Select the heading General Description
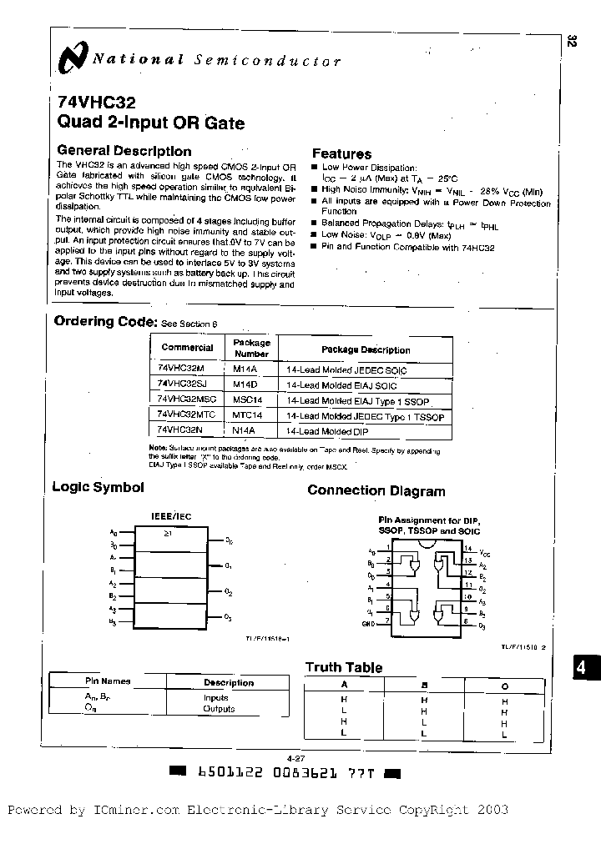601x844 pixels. [124, 151]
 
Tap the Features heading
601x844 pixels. [341, 153]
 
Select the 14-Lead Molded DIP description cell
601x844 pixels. [326, 431]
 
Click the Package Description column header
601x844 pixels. [366, 349]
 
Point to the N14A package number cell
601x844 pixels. [245, 431]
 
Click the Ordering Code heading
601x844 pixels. [104, 322]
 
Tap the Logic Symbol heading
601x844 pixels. [98, 487]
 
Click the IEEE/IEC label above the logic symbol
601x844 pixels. [170, 516]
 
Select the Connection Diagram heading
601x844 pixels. [376, 490]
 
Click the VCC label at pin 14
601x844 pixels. [485, 553]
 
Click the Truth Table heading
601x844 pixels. [344, 667]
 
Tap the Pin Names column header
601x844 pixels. [108, 681]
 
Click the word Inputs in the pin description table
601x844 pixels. [215, 697]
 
